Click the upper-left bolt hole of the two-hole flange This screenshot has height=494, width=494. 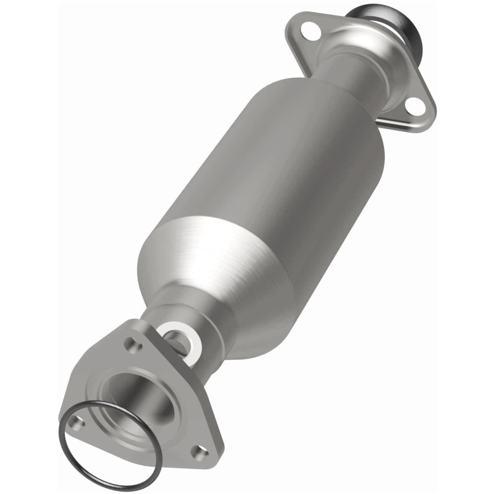coord(314,31)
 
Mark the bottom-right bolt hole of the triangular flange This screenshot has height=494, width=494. coord(198,452)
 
